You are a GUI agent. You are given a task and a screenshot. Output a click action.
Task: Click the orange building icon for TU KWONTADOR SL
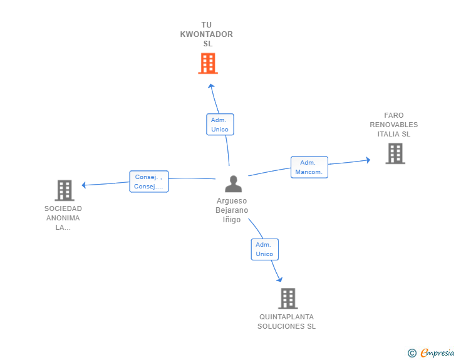[x=208, y=63]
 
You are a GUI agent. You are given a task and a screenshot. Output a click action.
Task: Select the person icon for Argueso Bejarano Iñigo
[x=233, y=184]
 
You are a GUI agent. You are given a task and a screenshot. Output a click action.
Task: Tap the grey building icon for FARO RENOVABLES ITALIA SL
[x=395, y=153]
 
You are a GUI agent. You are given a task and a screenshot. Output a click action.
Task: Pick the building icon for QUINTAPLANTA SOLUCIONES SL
[x=288, y=299]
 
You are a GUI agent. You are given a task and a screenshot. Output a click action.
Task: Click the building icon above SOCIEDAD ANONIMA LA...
[x=65, y=190]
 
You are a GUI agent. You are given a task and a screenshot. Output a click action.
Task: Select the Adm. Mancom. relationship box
[x=309, y=167]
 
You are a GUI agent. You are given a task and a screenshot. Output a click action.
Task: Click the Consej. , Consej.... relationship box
[x=149, y=182]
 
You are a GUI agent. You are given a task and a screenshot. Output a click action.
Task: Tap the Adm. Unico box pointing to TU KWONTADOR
[x=220, y=125]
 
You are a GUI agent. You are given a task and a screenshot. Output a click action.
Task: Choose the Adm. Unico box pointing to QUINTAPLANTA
[x=264, y=249]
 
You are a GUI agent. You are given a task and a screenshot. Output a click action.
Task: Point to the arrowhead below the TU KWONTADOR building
[x=211, y=86]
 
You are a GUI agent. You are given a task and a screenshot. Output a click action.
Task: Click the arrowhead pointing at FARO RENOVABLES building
[x=368, y=160]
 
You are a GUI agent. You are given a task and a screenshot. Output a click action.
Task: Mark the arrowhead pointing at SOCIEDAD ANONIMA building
[x=84, y=185]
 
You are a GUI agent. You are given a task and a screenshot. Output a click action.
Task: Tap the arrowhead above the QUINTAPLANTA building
[x=279, y=280]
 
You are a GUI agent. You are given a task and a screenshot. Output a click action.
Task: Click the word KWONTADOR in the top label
[x=207, y=34]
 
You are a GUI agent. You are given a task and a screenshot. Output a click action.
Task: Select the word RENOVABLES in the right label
[x=394, y=125]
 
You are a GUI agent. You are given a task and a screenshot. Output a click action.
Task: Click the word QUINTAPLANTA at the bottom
[x=286, y=317]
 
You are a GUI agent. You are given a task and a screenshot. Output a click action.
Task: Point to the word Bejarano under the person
[x=232, y=210]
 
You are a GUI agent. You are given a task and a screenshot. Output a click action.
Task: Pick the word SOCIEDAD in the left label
[x=63, y=208]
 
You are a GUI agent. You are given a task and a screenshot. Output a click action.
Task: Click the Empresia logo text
[x=437, y=352]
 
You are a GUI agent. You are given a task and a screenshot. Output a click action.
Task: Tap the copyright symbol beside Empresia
[x=412, y=353]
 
